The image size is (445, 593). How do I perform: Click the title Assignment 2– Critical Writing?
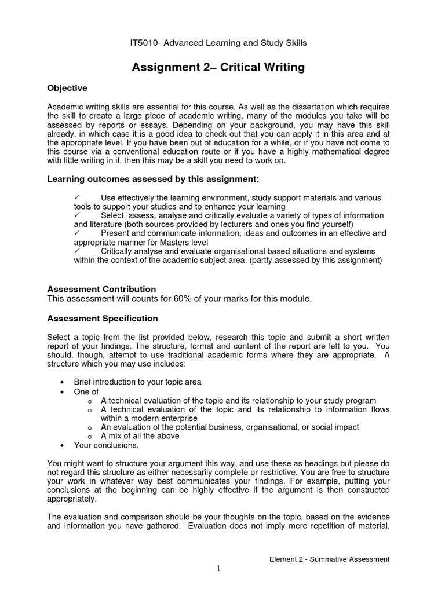[x=218, y=68]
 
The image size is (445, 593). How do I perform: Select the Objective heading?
[x=67, y=88]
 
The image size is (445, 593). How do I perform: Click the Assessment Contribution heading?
[x=101, y=289]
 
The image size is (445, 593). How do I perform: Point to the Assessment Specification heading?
[x=102, y=319]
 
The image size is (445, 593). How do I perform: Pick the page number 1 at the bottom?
[x=219, y=569]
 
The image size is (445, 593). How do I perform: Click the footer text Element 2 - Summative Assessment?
[x=330, y=559]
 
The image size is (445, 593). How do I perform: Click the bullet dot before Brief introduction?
[x=62, y=383]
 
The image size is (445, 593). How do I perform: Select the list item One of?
[x=87, y=392]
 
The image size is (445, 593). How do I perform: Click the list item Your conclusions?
[x=106, y=445]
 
